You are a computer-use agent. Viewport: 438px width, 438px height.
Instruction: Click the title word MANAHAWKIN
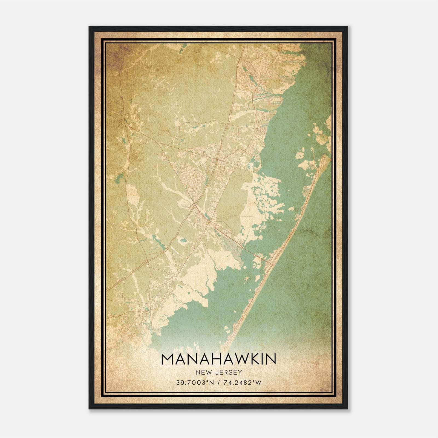pos(219,359)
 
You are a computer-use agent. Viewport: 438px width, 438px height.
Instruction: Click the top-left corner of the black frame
pos(89,27)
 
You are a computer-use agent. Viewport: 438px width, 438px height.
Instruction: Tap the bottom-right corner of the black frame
pos(348,409)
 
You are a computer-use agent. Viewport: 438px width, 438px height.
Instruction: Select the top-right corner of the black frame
pos(348,27)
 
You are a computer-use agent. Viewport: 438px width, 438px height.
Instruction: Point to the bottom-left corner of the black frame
pos(89,409)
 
